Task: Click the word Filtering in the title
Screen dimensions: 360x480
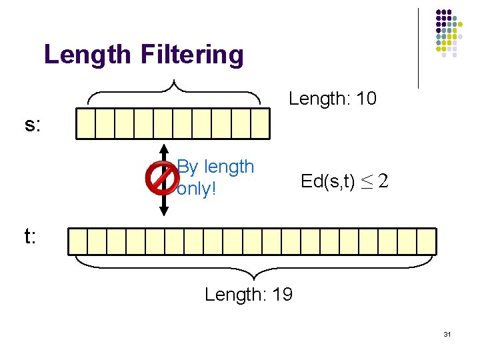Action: pos(192,55)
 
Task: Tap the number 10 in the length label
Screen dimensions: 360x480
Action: pos(367,99)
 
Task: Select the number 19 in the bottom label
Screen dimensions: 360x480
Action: pos(282,295)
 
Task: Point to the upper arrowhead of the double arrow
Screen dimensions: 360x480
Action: pos(164,147)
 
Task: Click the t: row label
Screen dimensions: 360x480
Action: pos(30,237)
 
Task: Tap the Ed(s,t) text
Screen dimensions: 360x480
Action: pos(327,181)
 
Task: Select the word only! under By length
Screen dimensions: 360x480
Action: pos(197,189)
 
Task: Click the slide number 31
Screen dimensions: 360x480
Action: pos(447,334)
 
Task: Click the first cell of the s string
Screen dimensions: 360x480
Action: pos(86,123)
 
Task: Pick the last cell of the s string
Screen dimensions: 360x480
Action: pos(260,123)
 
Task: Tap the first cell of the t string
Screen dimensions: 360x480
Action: pos(78,241)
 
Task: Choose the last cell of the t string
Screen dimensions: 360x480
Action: pos(427,241)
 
